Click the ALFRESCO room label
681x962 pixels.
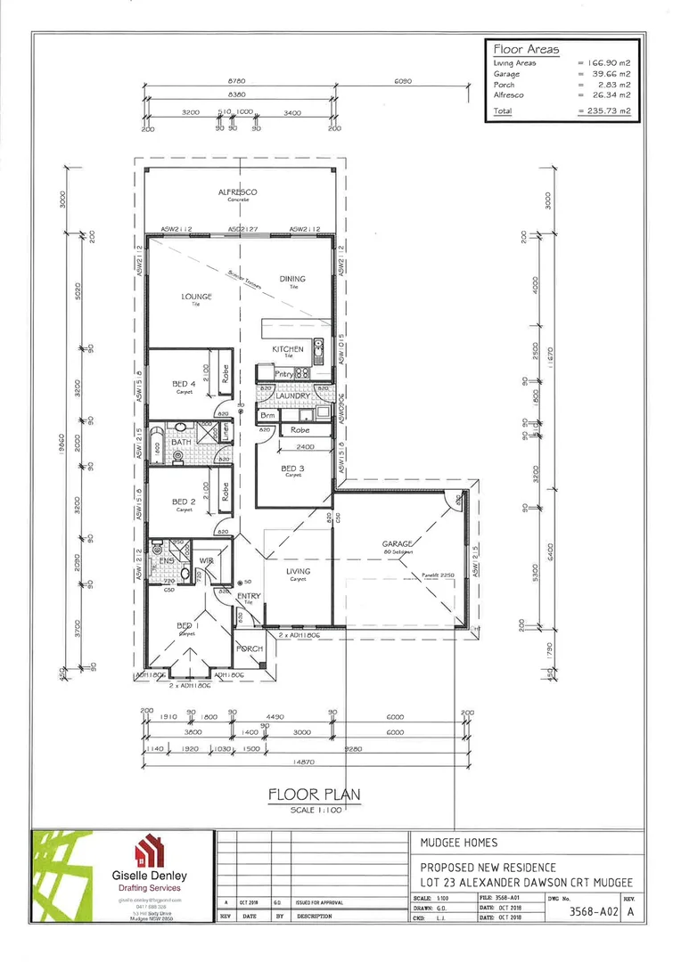click(238, 192)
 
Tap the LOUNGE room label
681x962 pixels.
click(196, 297)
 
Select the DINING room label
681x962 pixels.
click(292, 279)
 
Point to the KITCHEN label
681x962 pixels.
click(288, 349)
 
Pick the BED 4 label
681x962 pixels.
click(185, 384)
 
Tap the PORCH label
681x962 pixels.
click(250, 648)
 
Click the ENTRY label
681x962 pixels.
click(250, 597)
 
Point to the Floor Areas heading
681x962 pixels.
click(526, 50)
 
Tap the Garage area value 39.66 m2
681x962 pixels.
click(611, 74)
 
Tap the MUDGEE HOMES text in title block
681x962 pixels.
click(458, 842)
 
